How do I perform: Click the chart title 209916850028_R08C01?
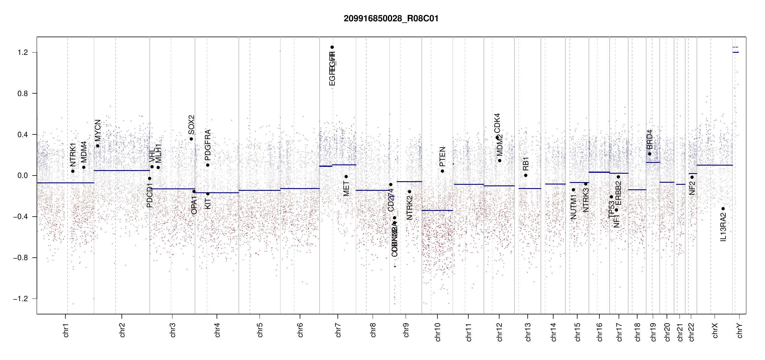coord(391,19)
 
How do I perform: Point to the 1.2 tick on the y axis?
coord(22,52)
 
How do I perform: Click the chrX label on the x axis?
coord(715,330)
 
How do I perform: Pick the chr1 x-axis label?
coord(66,330)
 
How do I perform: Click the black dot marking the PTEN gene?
coord(442,171)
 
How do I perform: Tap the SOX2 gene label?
coord(191,125)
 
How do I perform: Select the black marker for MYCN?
coord(97,146)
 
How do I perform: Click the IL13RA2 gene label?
coord(723,227)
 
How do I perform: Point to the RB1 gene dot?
coord(526,175)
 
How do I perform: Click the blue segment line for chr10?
coord(437,210)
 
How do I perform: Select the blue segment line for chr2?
coord(121,170)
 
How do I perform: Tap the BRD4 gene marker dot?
coord(649,154)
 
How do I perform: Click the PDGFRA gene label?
coord(208,145)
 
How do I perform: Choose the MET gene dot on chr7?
coord(346,176)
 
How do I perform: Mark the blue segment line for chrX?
coord(714,165)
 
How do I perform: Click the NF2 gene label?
coord(692,188)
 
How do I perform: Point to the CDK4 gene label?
coord(497,123)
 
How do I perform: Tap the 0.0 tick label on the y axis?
coord(22,175)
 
